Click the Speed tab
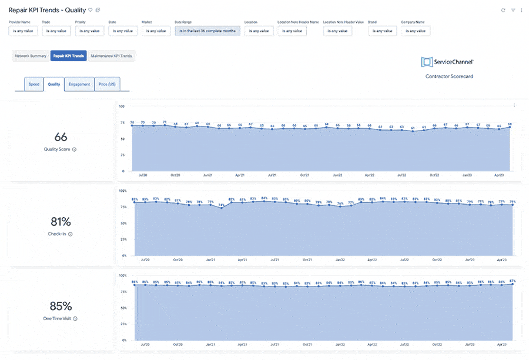(34, 84)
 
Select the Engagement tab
(79, 84)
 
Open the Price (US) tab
(107, 84)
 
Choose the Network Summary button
(31, 56)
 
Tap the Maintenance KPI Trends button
(112, 56)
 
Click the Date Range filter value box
(207, 31)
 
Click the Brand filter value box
(383, 31)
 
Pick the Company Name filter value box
(416, 31)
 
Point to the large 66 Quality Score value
(61, 137)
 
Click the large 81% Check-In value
(61, 222)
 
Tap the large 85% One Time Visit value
(61, 306)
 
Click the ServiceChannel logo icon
(427, 62)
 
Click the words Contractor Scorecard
(449, 76)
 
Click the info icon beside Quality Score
(74, 149)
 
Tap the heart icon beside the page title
(90, 10)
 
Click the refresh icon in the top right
(503, 10)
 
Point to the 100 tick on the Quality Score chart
(121, 106)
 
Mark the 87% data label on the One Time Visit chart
(513, 281)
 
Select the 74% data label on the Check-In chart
(222, 205)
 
